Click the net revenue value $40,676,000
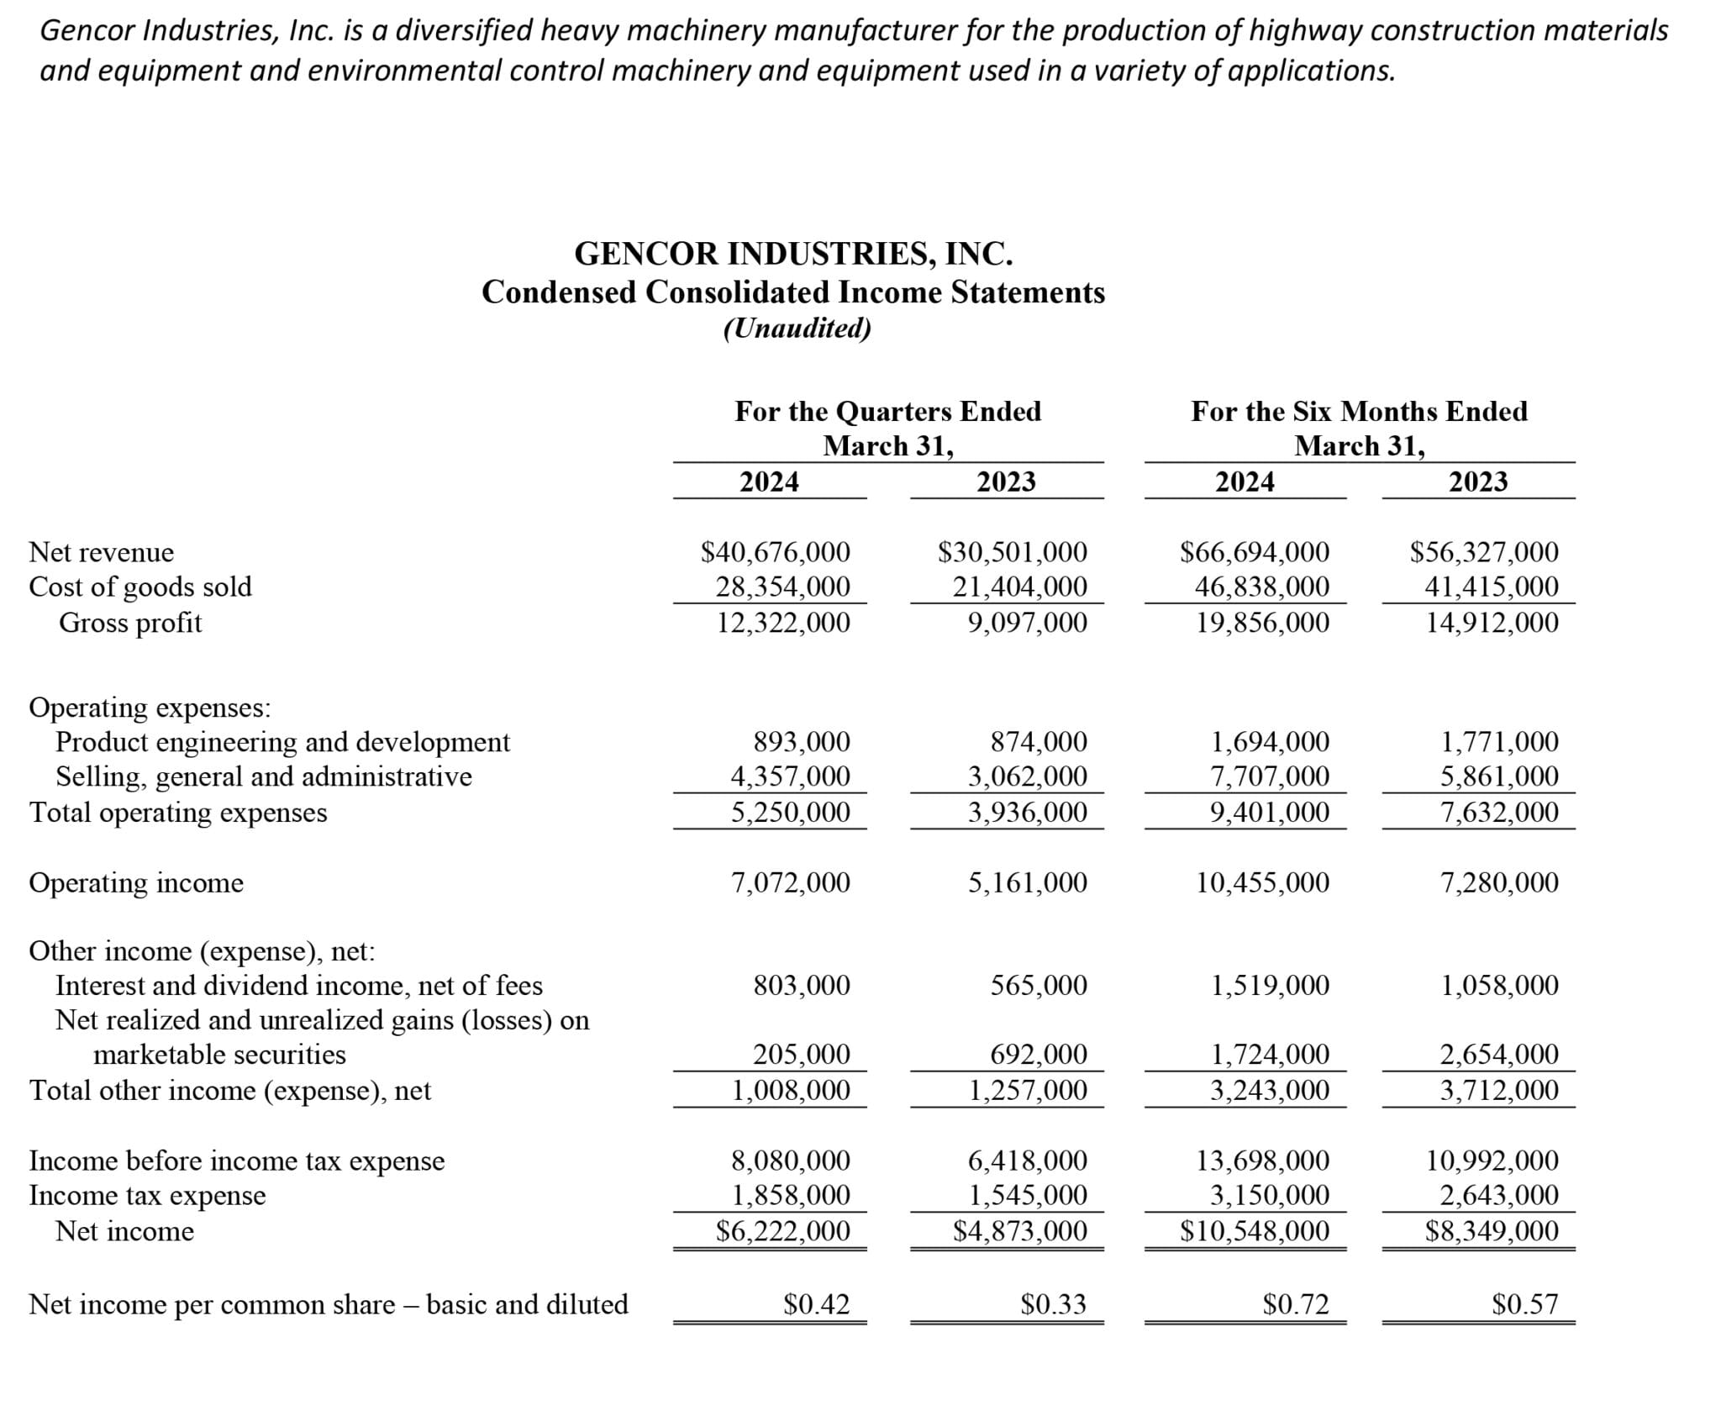pos(775,552)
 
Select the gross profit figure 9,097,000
pos(1027,623)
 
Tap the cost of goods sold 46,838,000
pos(1262,587)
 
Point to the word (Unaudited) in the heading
pos(797,328)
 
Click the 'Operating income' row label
pos(136,883)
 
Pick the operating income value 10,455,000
pos(1262,883)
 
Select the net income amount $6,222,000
pos(782,1231)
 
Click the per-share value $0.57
pos(1524,1304)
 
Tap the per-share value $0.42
pos(816,1304)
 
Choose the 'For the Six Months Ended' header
pos(1359,411)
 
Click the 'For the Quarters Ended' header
pos(887,411)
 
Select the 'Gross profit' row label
pos(130,623)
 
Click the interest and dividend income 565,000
pos(1039,985)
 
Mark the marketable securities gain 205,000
pos(801,1054)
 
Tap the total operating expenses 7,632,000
pos(1499,813)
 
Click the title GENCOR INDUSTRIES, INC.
pos(793,254)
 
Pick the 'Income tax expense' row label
pos(147,1195)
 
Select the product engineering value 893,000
pos(801,742)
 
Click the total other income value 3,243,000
pos(1269,1091)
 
